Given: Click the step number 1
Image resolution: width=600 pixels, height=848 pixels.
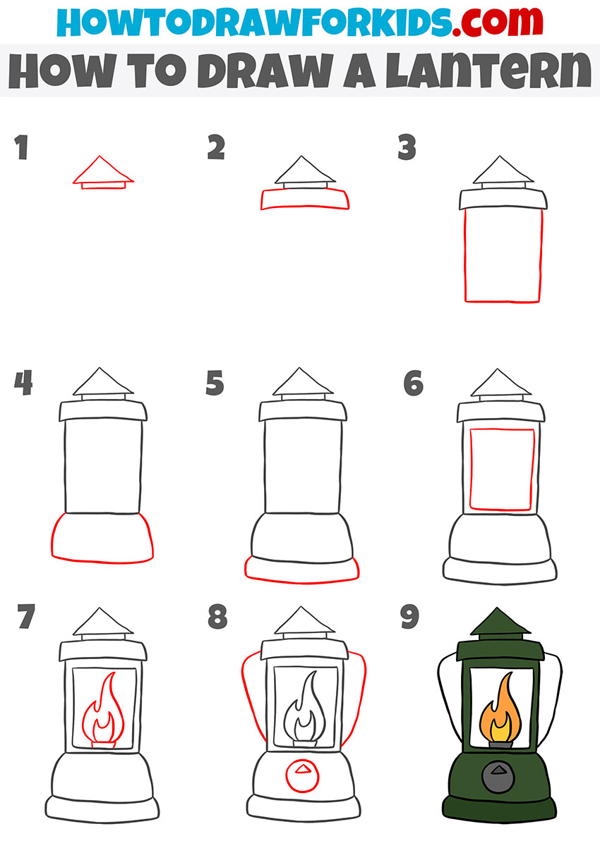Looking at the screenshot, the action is [21, 147].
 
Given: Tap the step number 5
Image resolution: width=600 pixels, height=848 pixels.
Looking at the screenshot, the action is [215, 383].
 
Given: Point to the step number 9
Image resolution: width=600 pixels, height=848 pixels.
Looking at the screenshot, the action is [409, 617].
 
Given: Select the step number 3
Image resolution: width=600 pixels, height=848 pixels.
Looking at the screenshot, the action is [407, 147].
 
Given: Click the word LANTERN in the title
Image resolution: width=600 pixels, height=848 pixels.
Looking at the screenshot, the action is [488, 70].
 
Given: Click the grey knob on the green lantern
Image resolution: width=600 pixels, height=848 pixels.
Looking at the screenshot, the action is [498, 776].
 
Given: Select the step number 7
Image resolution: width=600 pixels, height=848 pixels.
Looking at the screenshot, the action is [26, 617].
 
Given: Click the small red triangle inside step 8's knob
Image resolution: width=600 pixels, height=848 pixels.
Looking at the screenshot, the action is [302, 769].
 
